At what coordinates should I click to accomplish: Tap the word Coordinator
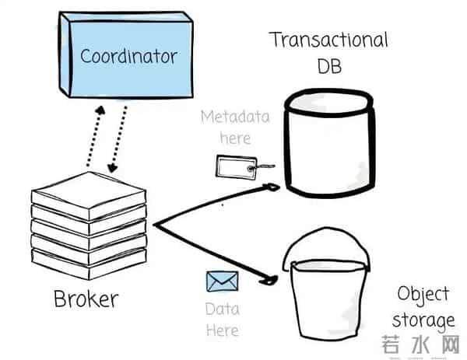pos(129,56)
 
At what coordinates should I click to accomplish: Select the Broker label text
pos(86,298)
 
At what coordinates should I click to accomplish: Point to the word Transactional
pos(328,40)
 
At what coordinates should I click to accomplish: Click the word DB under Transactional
pos(328,67)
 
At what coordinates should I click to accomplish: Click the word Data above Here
pos(222,309)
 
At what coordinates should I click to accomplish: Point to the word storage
pos(423,320)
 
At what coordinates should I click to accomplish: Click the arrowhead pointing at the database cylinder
pos(272,187)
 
